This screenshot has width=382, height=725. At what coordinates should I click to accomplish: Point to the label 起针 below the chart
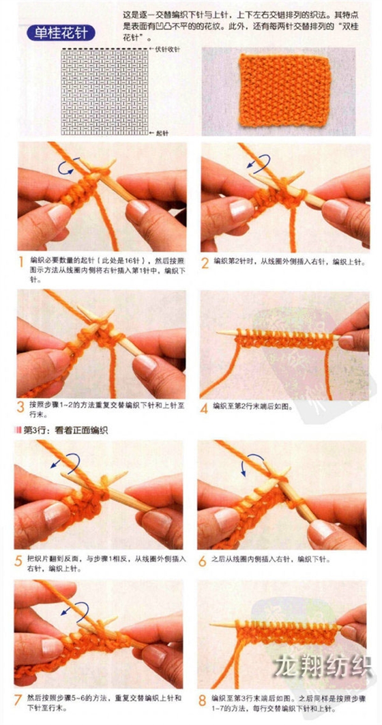coord(162,134)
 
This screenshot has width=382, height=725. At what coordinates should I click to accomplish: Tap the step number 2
coord(205,261)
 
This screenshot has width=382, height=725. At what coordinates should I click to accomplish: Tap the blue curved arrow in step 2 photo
coord(258,163)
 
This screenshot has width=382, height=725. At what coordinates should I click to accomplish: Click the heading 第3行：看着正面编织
coord(60,430)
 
